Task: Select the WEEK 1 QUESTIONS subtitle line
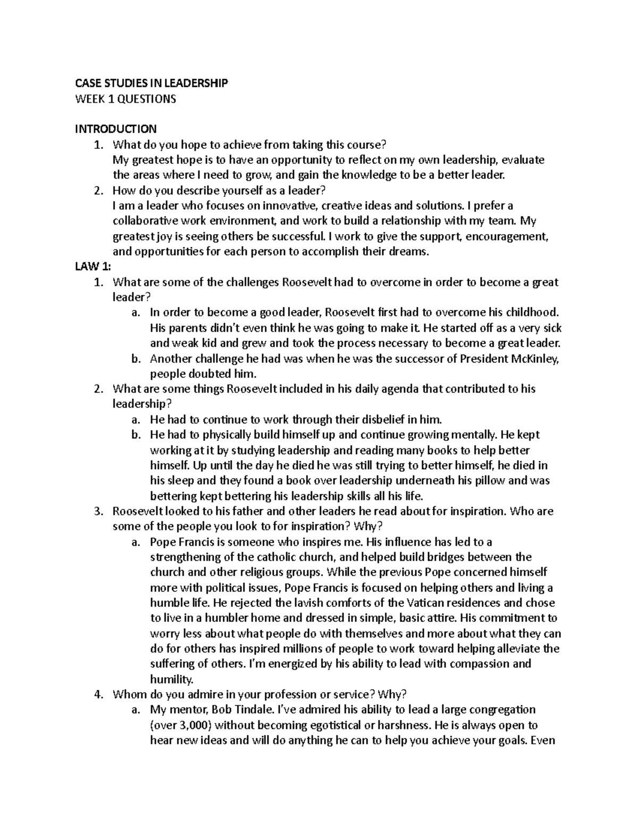click(x=125, y=99)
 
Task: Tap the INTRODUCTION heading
click(x=115, y=129)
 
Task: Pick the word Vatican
click(x=426, y=603)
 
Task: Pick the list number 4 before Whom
click(x=97, y=694)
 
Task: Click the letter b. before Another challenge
click(x=136, y=359)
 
